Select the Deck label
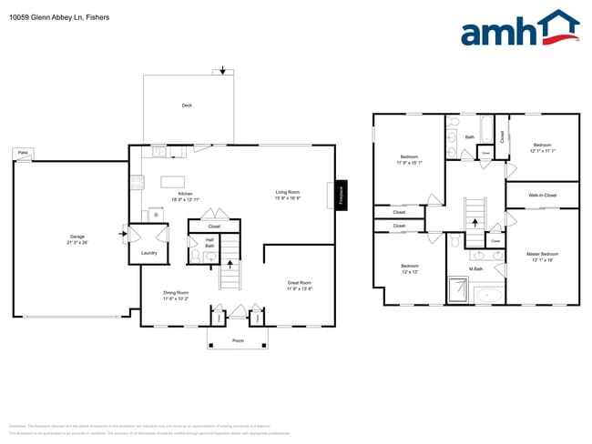tap(187, 106)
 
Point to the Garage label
tap(77, 238)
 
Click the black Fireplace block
tap(342, 195)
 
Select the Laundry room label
tap(148, 253)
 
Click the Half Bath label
tap(209, 243)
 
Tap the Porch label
tap(238, 341)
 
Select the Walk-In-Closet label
tap(543, 195)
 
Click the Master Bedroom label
tap(542, 256)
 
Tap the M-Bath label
tap(475, 269)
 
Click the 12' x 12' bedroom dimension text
tap(409, 272)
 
